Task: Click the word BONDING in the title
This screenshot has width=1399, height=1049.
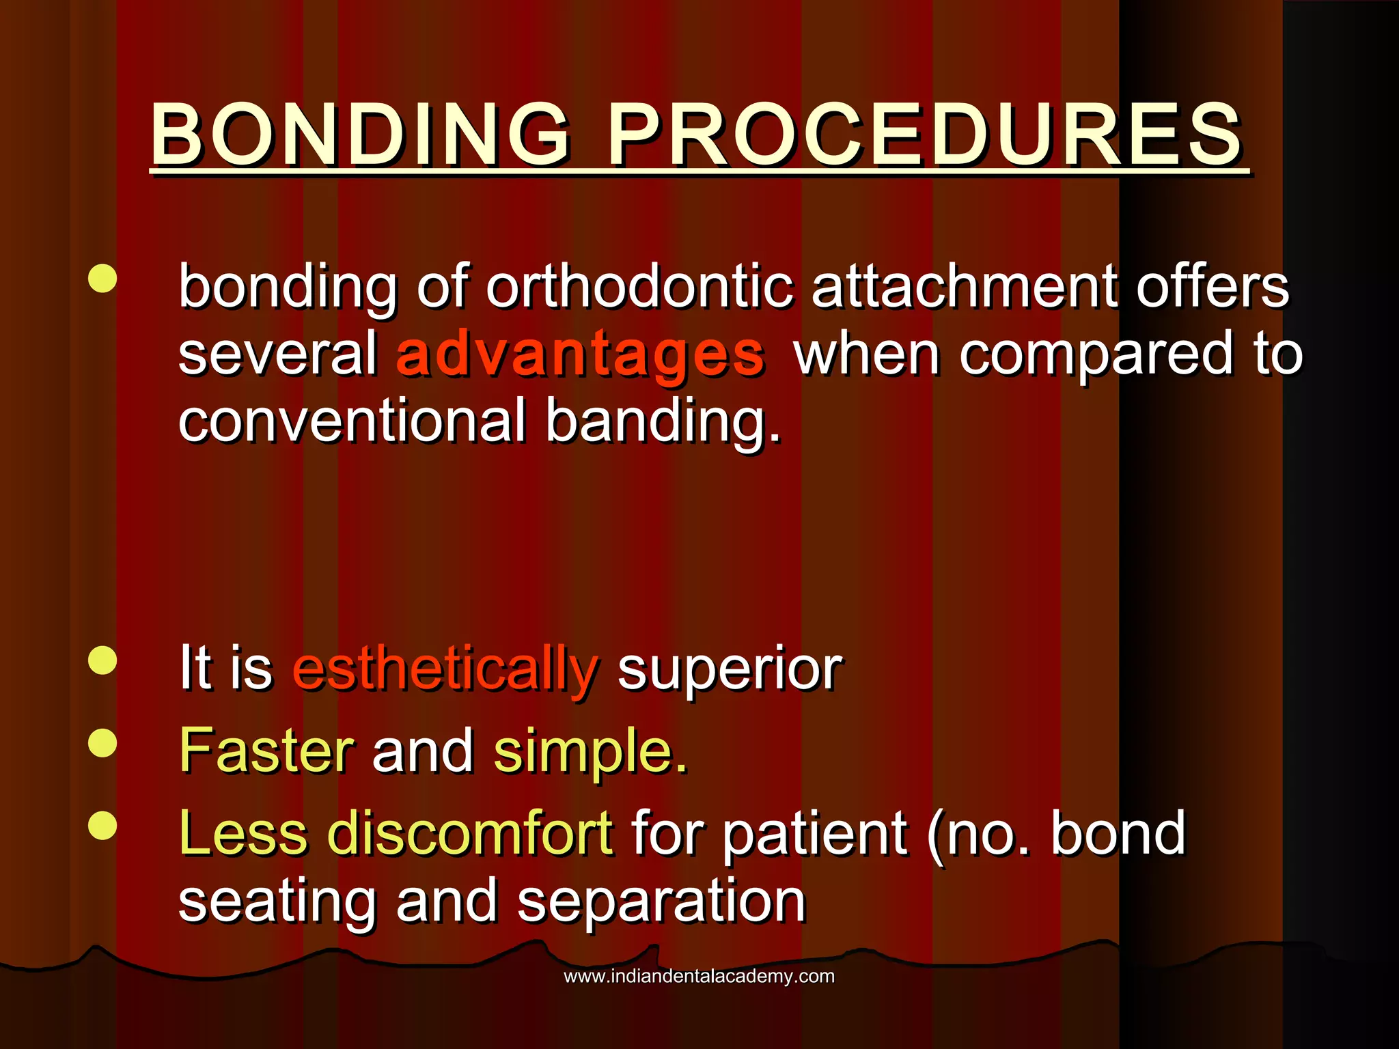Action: (x=359, y=135)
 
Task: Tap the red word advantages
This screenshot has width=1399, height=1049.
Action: (x=580, y=355)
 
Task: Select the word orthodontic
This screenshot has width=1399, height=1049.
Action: (x=640, y=287)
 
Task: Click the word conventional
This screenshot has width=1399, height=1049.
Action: (x=352, y=421)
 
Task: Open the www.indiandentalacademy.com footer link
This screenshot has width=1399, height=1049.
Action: (x=699, y=976)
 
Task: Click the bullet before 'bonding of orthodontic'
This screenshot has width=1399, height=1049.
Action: (x=102, y=279)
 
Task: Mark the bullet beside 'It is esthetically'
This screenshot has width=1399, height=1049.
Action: (x=102, y=660)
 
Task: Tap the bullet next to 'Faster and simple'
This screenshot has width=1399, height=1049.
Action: (x=102, y=743)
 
